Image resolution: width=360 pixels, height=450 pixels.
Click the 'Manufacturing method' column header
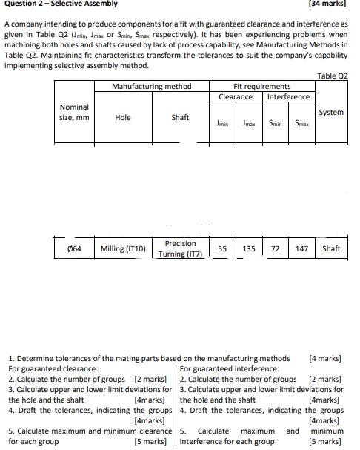click(x=151, y=87)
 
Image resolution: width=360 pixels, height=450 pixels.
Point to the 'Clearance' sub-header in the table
click(x=235, y=97)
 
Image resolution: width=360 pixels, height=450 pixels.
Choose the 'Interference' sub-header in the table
click(x=288, y=97)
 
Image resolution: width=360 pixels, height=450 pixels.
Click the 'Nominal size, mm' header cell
click(x=73, y=113)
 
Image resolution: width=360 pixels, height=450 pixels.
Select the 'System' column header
click(x=330, y=113)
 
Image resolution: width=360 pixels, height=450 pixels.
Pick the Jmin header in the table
click(x=221, y=124)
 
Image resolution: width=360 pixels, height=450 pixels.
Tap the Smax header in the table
click(x=301, y=124)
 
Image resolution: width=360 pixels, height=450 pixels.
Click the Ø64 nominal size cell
click(x=73, y=249)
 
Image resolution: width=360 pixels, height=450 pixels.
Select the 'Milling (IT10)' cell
click(x=123, y=249)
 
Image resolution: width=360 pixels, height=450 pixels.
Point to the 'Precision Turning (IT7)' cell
click(x=180, y=249)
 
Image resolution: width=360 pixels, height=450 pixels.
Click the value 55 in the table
click(x=221, y=249)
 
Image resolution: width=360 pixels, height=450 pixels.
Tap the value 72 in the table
click(x=275, y=249)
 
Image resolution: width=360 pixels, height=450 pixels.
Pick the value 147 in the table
click(x=301, y=249)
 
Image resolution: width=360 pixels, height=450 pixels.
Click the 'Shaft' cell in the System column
click(x=331, y=249)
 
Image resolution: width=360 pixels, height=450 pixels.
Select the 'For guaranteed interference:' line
click(x=230, y=368)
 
